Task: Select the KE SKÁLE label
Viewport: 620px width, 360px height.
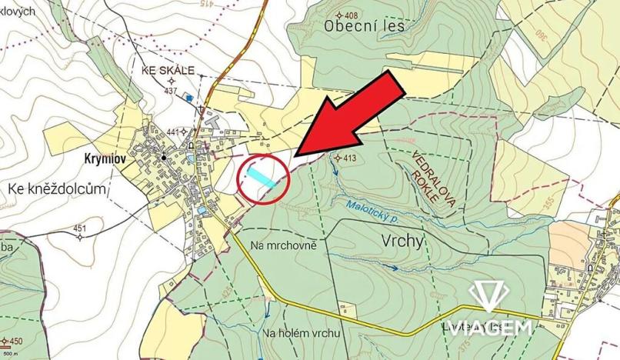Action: pos(168,69)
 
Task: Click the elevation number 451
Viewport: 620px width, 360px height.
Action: pos(80,228)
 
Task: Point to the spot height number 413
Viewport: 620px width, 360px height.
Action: pos(350,158)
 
